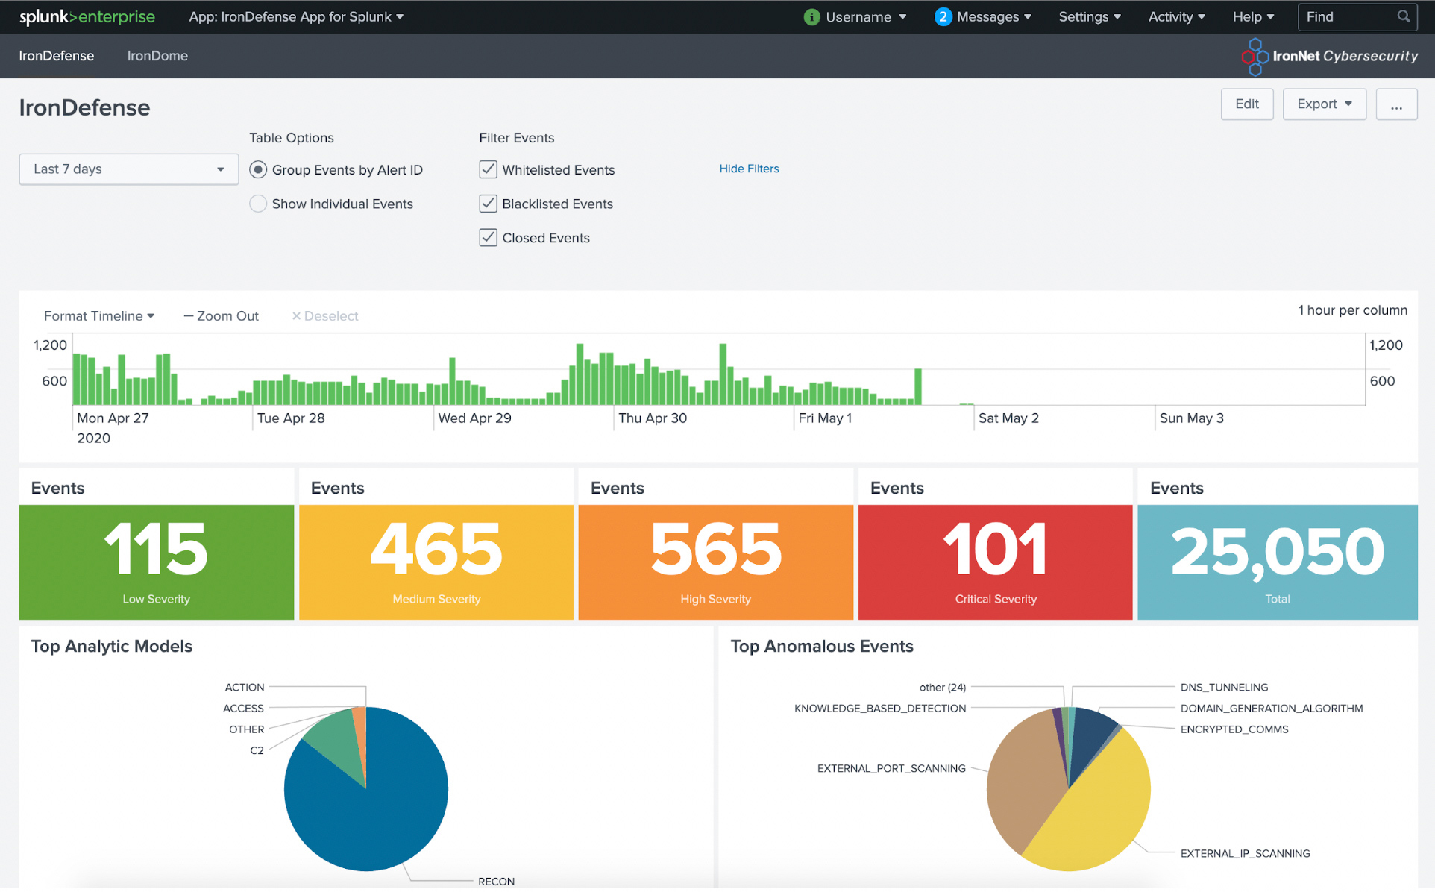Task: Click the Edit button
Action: [1246, 104]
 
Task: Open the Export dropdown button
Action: [1324, 104]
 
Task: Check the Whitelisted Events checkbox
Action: [488, 170]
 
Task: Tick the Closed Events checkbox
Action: [488, 238]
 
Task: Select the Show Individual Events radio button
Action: [258, 204]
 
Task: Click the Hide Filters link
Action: [749, 169]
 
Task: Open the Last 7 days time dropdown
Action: [128, 169]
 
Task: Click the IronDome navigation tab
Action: [157, 56]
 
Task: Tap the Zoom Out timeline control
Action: [222, 316]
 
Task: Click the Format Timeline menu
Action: [98, 316]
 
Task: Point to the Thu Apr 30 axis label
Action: [653, 418]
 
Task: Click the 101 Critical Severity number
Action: [995, 550]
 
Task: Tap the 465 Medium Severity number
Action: [436, 550]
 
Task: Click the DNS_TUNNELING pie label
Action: [1224, 688]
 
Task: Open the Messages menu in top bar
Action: [983, 17]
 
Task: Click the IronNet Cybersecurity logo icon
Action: [1255, 57]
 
